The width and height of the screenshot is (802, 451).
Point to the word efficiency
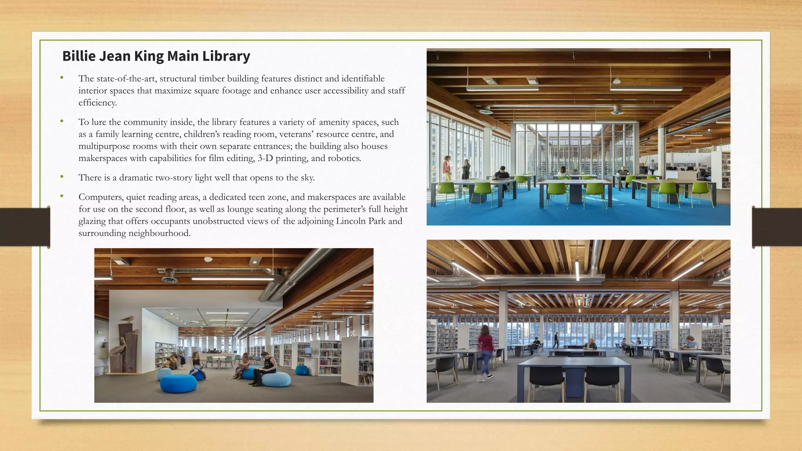click(x=98, y=103)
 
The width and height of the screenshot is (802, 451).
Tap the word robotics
click(x=344, y=158)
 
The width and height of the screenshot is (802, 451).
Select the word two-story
click(x=173, y=178)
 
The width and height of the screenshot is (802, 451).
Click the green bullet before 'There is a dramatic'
click(x=62, y=177)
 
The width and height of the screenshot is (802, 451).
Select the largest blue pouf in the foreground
click(x=179, y=383)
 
